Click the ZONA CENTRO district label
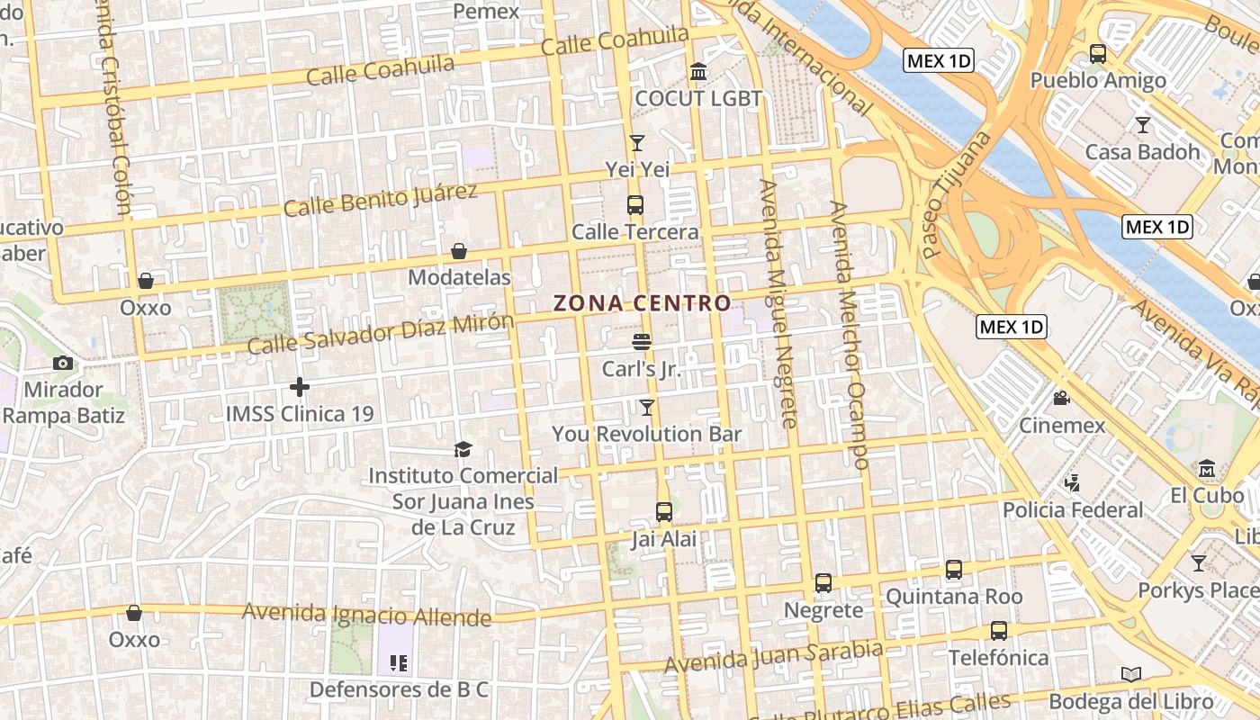point(642,303)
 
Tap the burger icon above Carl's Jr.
point(641,342)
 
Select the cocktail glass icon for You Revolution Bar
point(646,408)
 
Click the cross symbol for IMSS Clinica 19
point(300,387)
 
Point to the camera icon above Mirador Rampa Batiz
point(63,364)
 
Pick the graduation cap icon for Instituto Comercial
point(463,448)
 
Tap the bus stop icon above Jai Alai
point(664,512)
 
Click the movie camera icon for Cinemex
point(1062,398)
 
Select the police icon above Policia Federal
point(1072,483)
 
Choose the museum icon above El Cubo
point(1207,468)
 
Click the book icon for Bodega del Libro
point(1131,674)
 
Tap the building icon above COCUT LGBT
point(698,71)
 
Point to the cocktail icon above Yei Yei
point(637,142)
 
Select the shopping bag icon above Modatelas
point(459,250)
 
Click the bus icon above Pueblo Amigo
point(1098,54)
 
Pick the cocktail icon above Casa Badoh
point(1143,124)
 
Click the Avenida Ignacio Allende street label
point(367,615)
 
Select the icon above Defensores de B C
point(399,664)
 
